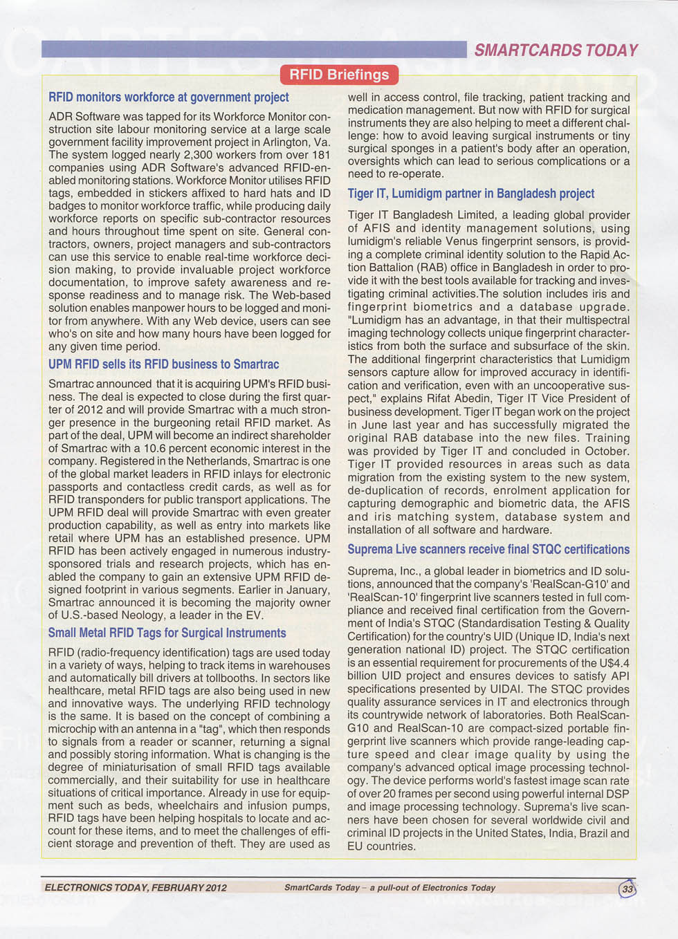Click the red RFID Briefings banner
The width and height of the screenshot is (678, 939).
(339, 75)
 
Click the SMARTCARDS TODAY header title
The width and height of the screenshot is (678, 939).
(556, 50)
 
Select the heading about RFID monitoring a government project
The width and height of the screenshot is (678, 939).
(169, 97)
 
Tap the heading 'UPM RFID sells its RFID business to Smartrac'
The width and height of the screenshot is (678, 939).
(164, 364)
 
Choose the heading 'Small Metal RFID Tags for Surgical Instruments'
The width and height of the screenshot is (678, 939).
(167, 633)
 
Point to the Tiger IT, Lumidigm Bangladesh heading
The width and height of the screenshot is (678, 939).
(470, 194)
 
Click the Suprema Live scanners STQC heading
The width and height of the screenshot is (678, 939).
(488, 550)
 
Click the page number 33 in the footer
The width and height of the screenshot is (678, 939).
(627, 889)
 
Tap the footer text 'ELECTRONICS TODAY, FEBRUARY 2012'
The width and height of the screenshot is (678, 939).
(136, 888)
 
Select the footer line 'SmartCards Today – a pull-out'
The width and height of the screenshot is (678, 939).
(390, 888)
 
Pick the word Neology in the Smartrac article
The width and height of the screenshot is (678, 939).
(147, 615)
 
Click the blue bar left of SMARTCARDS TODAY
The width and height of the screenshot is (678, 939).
(254, 49)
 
